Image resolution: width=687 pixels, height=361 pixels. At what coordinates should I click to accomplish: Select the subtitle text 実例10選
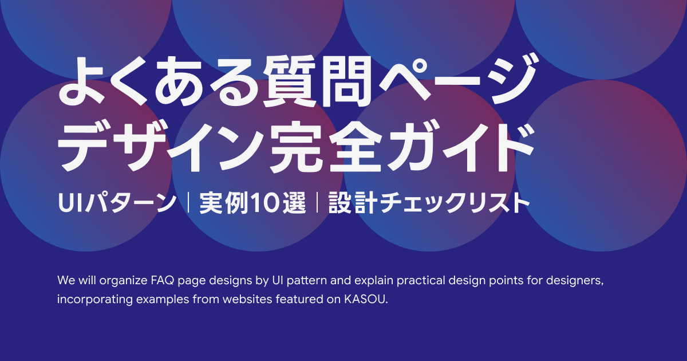[252, 204]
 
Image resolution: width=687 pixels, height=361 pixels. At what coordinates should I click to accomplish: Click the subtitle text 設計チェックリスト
[427, 204]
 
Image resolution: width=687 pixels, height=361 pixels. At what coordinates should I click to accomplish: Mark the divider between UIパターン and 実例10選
[188, 204]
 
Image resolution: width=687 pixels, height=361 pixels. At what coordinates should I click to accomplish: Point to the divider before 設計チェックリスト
[317, 204]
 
